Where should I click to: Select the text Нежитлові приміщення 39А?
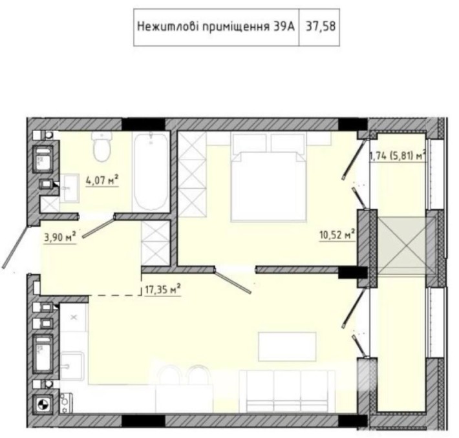pos(216,27)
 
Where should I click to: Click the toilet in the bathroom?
pos(101,148)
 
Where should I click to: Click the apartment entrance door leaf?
pos(16,245)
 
